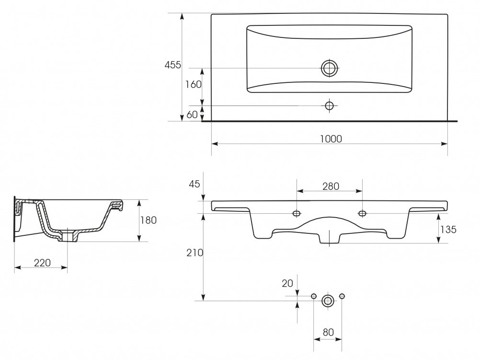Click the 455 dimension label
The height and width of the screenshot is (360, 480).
tap(173, 65)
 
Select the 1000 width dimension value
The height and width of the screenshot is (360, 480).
tap(331, 139)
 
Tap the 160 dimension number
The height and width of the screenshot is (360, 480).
tap(193, 84)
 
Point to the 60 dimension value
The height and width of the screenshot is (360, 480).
tap(192, 115)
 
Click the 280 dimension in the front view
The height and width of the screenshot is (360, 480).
tap(331, 186)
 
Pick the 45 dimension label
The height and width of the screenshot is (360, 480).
tap(194, 184)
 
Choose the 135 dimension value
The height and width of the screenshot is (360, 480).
tap(448, 229)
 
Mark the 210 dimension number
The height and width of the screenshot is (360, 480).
tap(195, 253)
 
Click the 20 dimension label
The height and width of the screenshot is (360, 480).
tap(287, 283)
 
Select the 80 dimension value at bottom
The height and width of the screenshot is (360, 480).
tap(328, 332)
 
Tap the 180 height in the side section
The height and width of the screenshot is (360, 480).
tap(149, 220)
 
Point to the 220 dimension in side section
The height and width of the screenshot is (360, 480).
tap(42, 263)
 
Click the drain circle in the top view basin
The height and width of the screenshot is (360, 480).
tap(330, 68)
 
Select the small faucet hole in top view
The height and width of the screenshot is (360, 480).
tap(330, 106)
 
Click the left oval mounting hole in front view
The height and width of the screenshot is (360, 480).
tap(297, 213)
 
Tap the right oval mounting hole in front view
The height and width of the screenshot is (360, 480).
tap(363, 213)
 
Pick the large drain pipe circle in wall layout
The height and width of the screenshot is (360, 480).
tap(328, 301)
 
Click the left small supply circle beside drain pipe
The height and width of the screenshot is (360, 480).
tap(314, 296)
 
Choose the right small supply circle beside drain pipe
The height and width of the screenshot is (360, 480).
tap(342, 296)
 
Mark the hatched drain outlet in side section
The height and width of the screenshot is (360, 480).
tap(68, 236)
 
